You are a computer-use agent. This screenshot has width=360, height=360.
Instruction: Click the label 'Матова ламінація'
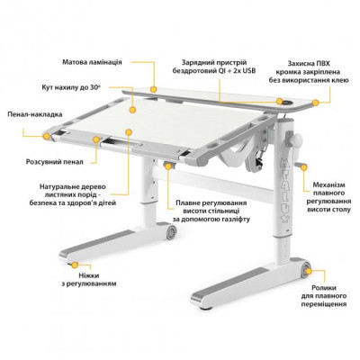92,62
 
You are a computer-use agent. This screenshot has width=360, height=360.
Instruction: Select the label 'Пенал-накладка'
35,114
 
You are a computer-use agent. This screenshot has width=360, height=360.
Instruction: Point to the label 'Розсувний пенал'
54,162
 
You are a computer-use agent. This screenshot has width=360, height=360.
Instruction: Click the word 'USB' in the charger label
248,71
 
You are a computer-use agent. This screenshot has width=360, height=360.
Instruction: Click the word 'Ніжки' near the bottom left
89,275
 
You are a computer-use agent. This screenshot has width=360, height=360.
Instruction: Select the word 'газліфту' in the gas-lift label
235,220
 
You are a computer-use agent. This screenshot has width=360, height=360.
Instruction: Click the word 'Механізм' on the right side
328,184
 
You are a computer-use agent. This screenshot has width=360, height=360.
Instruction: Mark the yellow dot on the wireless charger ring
280,101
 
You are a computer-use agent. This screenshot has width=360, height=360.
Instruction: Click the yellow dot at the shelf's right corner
315,103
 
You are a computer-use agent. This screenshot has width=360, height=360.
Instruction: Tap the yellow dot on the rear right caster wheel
309,272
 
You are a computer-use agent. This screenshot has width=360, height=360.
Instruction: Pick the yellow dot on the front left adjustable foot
75,265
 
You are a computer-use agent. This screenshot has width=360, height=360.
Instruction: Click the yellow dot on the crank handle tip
304,167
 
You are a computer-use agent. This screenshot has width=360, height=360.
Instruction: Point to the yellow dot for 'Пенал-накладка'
46,137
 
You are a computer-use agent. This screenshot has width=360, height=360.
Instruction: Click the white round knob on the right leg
298,140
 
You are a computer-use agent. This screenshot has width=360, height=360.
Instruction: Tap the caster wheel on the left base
171,232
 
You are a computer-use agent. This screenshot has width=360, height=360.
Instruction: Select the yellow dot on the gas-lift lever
167,166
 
